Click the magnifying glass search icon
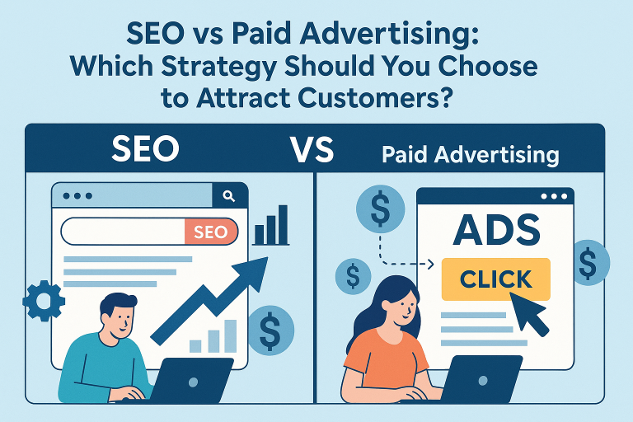[229, 196]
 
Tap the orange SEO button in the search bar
[211, 232]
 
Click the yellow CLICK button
[495, 279]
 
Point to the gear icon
[44, 301]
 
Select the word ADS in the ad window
[496, 230]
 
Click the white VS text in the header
[312, 149]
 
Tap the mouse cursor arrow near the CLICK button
[529, 314]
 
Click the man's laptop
[190, 381]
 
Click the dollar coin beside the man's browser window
[270, 331]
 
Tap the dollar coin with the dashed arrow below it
[380, 209]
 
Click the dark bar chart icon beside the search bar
[271, 225]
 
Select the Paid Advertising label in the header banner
[471, 155]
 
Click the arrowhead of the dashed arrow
[430, 264]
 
